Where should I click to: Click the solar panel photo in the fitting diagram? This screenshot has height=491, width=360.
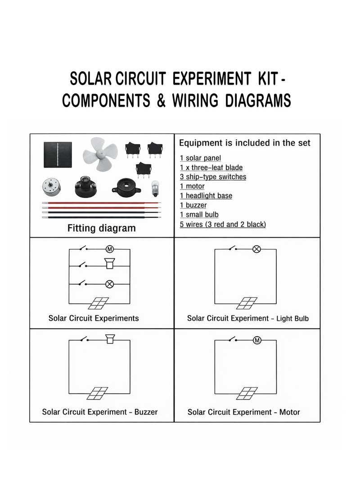[x=58, y=154]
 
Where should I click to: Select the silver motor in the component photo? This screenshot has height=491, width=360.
[x=51, y=187]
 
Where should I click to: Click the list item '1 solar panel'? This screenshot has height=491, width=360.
[x=200, y=158]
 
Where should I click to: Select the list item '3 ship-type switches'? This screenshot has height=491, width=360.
[x=213, y=177]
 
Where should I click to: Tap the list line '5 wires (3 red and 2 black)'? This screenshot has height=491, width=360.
[x=223, y=224]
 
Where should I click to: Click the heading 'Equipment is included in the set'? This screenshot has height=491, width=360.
[x=245, y=143]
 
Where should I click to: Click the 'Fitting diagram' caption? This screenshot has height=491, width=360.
[x=101, y=228]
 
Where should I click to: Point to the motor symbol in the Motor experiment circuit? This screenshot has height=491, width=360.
[x=257, y=340]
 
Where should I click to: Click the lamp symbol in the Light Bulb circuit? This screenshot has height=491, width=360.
[x=256, y=249]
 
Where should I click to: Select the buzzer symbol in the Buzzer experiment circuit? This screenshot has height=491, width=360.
[x=109, y=339]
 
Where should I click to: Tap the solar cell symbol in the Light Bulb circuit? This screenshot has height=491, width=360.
[x=247, y=303]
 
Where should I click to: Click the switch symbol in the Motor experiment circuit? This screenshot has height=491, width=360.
[x=232, y=339]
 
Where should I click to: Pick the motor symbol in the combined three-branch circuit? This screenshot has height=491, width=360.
[x=109, y=249]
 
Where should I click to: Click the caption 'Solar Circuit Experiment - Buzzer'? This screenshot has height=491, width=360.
[x=100, y=412]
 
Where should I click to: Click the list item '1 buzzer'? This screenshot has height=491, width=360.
[x=193, y=205]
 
